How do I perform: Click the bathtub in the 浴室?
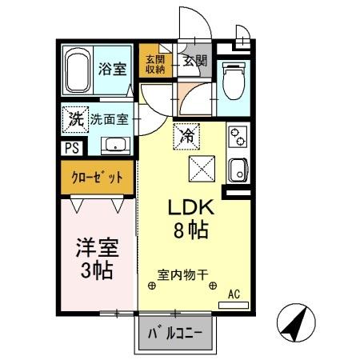[x=78, y=71]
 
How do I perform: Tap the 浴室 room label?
[x=111, y=70]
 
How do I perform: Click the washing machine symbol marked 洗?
[x=74, y=120]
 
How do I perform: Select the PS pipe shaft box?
[x=70, y=148]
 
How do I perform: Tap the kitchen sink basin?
[x=238, y=170]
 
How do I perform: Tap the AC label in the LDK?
[x=234, y=295]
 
